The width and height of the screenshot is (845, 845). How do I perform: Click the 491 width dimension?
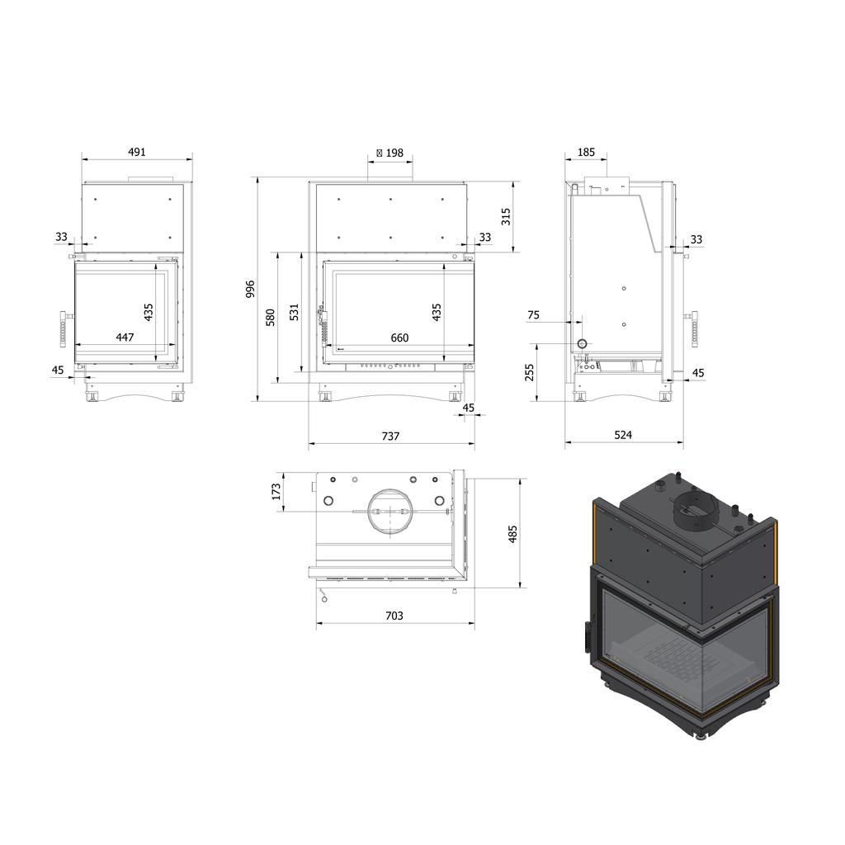pos(137,152)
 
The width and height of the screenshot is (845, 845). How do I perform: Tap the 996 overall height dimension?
pos(250,290)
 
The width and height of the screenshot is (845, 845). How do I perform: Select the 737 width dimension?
pos(390,436)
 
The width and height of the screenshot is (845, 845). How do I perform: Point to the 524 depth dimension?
pos(623,435)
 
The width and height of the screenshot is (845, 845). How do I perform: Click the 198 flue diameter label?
pos(389,153)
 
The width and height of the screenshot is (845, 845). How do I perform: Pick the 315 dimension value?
pos(506,216)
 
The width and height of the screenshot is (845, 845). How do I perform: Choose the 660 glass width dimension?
pos(399,338)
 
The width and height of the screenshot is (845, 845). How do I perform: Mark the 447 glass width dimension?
pos(125,338)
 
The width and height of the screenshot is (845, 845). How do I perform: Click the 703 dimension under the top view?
pos(394,616)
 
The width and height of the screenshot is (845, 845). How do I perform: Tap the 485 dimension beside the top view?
pos(512,534)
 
